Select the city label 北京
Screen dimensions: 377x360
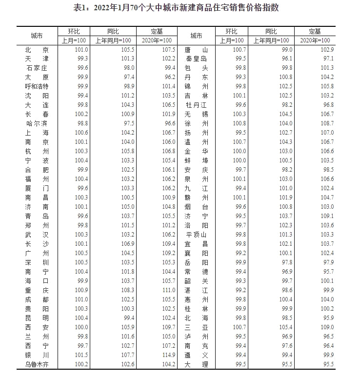[37, 50]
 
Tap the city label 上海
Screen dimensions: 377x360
[37, 132]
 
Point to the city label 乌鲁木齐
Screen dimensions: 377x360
[37, 364]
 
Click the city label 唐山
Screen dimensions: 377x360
[196, 50]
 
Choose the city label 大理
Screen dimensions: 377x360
[196, 364]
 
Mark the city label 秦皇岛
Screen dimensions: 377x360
[196, 59]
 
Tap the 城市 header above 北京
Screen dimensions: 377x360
[37, 36]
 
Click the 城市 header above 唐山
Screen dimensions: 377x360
[196, 36]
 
